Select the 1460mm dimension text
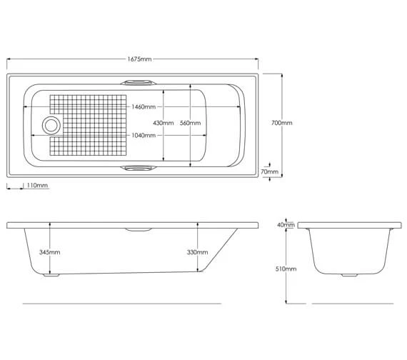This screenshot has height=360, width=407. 144,106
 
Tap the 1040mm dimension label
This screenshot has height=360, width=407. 144,135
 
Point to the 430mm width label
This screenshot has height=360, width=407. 164,123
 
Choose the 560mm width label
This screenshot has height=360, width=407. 190,123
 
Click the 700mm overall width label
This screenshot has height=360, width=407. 282,123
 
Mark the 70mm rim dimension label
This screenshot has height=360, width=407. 270,171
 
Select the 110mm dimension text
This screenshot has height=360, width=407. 37,186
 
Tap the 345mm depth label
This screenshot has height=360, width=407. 50,252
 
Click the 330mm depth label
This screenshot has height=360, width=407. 198,252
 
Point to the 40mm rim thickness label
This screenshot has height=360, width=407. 286,225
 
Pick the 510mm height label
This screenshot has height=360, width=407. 286,269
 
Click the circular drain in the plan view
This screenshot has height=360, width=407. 51,126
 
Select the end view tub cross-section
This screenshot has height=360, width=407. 345,250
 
